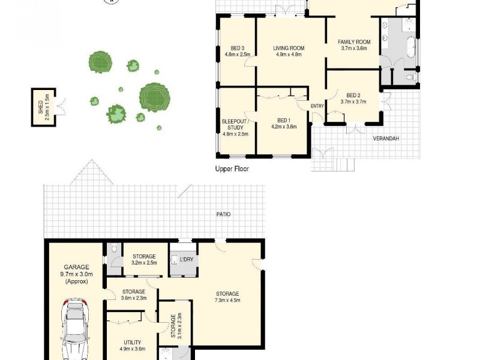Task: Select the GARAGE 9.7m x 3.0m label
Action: point(76,274)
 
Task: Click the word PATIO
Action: point(224,214)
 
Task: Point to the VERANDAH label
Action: point(386,139)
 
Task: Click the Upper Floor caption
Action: point(232,169)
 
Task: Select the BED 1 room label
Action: point(283,123)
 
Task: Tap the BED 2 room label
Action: point(353,98)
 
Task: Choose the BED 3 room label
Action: point(237,51)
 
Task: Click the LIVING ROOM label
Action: point(289,51)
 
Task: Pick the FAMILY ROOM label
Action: point(355,45)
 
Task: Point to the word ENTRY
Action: point(317,106)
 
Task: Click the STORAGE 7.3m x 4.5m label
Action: point(228,297)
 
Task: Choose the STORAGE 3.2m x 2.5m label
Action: point(143,259)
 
